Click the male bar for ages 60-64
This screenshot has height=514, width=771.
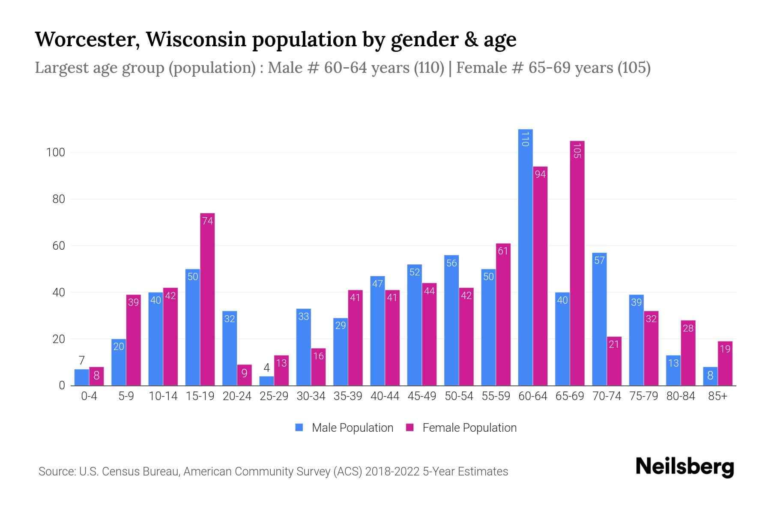pos(525,257)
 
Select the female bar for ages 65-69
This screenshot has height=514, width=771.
pos(577,263)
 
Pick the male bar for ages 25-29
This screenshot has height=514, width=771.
pos(266,381)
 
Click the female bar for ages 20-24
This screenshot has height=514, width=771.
pos(244,375)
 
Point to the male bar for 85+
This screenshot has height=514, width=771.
pos(710,376)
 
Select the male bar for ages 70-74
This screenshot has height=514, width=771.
pos(599,319)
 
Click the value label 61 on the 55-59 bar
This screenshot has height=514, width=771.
pos(503,251)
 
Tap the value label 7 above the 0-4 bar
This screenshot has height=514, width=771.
pos(81,361)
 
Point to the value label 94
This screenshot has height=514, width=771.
pos(540,174)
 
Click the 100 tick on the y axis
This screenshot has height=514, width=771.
pos(55,153)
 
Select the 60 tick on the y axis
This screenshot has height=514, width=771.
pos(58,246)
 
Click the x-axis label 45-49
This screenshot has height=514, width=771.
pos(422,396)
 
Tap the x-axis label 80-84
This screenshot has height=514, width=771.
pos(681,396)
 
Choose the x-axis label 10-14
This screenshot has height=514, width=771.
pos(163,396)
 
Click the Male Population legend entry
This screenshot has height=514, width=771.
pos(344,427)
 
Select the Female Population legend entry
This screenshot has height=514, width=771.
pos(461,427)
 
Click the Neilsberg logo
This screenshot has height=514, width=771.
pos(684,467)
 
